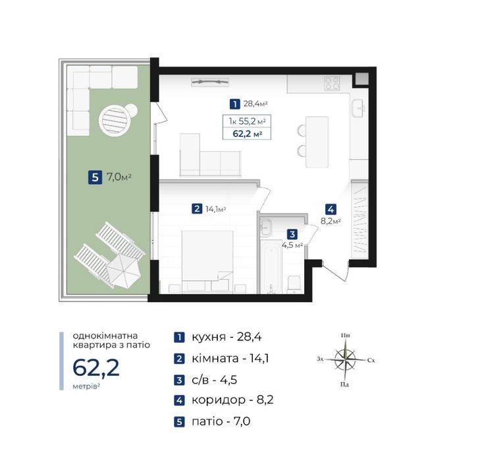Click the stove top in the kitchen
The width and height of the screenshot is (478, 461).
coord(332,83)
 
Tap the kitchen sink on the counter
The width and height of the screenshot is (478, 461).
coord(359,108)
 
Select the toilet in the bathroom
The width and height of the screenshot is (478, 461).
coord(294,284)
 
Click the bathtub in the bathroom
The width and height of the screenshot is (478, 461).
coord(271,270)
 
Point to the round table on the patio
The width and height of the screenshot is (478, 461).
coord(115,119)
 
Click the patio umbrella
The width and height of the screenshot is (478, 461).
coord(124,271)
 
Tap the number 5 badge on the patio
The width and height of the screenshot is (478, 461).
coord(95,177)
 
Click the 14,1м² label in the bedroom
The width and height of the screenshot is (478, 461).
coord(215,209)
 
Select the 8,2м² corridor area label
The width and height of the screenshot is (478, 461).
coord(331,221)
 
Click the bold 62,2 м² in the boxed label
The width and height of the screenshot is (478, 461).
coord(248,134)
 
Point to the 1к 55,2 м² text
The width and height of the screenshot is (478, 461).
coord(248,121)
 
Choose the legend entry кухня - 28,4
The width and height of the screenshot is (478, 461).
coord(226,337)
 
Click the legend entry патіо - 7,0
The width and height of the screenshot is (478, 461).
coord(221,421)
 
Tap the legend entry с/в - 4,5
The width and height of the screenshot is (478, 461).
coord(214,380)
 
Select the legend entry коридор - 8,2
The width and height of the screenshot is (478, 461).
coord(232,400)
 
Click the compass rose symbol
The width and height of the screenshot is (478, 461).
coord(345,359)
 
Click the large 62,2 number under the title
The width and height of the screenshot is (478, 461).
coord(95,367)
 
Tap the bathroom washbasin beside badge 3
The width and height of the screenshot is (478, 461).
coord(266,227)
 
